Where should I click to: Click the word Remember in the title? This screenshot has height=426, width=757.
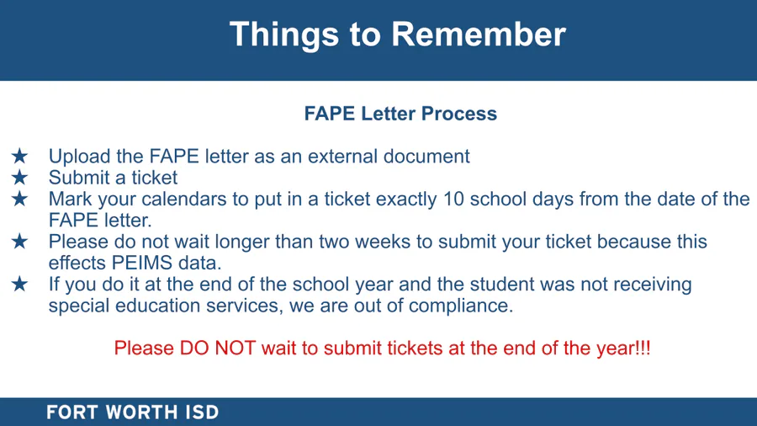click(x=478, y=35)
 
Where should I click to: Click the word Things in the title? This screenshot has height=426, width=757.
click(x=284, y=35)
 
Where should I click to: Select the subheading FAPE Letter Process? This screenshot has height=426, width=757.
click(x=400, y=114)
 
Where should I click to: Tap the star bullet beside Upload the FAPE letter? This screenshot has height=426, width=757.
click(x=20, y=156)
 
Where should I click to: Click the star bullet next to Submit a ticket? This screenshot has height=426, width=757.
click(x=20, y=178)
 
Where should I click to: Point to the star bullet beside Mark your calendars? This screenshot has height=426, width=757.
click(x=20, y=199)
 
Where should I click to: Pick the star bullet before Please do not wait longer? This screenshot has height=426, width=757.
click(x=20, y=241)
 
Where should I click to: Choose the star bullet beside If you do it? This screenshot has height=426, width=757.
click(x=20, y=284)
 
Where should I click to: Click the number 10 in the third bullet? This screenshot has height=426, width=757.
click(x=453, y=199)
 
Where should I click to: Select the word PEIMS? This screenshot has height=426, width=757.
click(x=142, y=263)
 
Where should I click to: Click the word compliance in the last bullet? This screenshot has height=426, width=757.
click(x=461, y=306)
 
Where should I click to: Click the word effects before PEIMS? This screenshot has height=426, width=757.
click(x=77, y=263)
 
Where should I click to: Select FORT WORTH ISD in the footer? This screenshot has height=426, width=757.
click(x=133, y=413)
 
